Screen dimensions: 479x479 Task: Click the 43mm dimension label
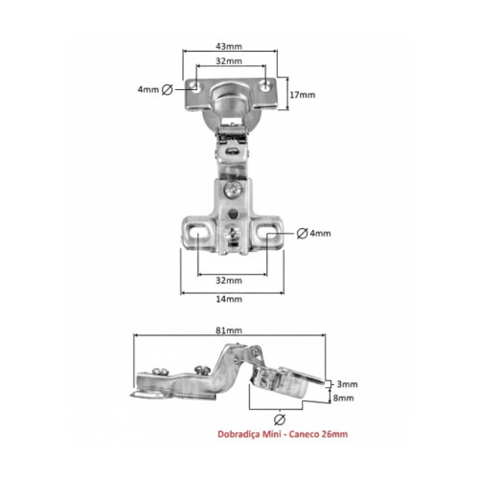228,46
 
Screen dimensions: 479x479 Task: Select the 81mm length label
229,331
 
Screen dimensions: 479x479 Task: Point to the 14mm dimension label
229,300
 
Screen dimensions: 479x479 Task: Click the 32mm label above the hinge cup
228,61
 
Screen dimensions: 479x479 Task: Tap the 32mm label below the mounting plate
229,281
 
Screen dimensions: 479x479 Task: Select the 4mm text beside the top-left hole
148,89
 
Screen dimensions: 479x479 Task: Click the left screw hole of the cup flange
196,86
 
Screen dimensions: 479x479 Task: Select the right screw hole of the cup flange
262,85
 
